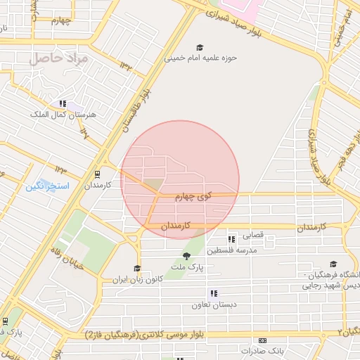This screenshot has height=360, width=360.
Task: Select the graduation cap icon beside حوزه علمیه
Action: (x=201, y=47)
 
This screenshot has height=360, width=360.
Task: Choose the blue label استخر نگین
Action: (x=47, y=186)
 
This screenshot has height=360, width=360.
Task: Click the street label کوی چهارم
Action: (x=193, y=198)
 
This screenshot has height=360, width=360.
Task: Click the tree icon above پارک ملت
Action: (x=186, y=256)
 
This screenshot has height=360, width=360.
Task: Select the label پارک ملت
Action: (x=186, y=267)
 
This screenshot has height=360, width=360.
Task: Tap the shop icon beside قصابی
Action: (x=231, y=239)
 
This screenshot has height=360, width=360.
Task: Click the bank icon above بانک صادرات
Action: (x=262, y=340)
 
